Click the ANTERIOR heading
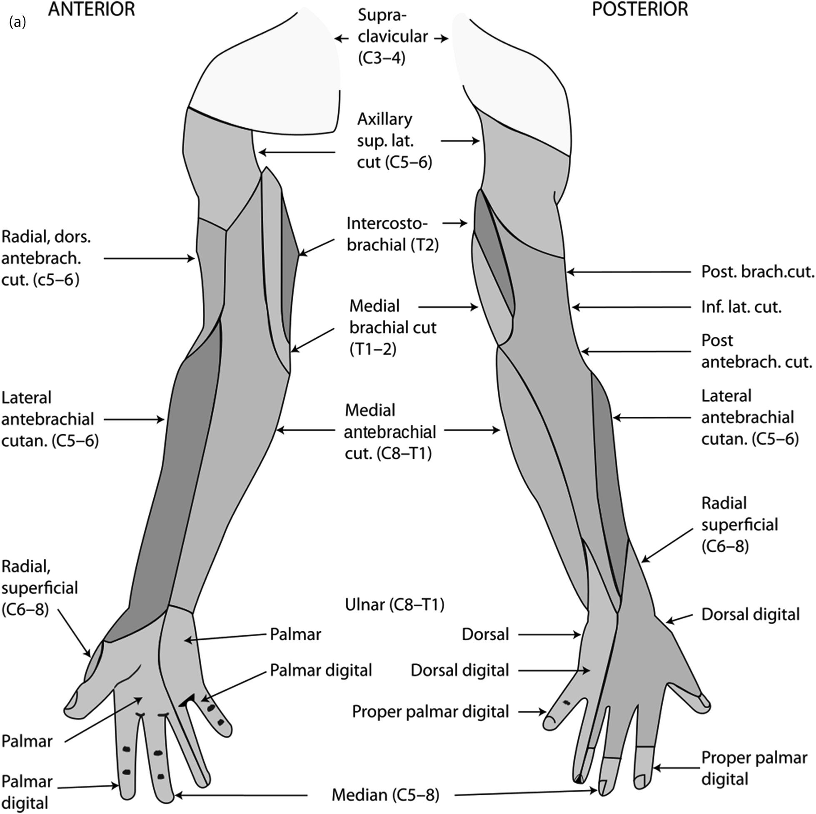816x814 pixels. click(91, 9)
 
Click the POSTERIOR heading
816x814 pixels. click(640, 9)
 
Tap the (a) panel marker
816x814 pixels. click(17, 22)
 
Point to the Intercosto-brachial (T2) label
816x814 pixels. click(392, 234)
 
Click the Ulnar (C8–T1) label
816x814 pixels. click(394, 605)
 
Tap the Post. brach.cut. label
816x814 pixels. click(757, 272)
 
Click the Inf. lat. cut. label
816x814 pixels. click(741, 307)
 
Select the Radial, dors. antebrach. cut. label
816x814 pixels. click(46, 259)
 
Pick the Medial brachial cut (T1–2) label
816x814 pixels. click(393, 328)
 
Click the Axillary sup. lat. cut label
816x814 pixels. click(394, 141)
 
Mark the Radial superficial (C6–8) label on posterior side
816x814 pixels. click(739, 525)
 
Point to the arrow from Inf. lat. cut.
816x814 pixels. click(634, 307)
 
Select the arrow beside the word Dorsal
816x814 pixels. click(549, 634)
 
